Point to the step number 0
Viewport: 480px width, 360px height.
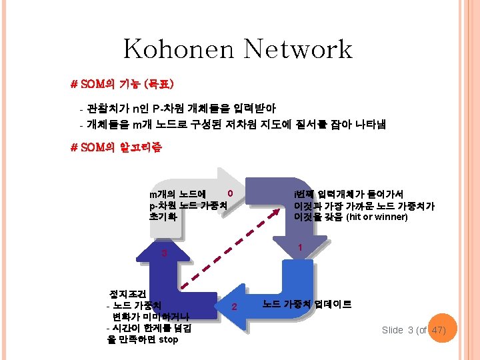(230, 193)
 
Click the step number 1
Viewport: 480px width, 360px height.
(301, 247)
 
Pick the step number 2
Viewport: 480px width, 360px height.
(234, 307)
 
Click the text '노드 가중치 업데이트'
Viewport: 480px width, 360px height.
(307, 305)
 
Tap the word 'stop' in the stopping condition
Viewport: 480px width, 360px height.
(169, 340)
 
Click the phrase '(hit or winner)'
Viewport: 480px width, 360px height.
(377, 217)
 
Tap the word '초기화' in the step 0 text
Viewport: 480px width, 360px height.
(163, 217)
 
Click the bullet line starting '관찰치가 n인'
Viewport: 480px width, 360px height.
(177, 108)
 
